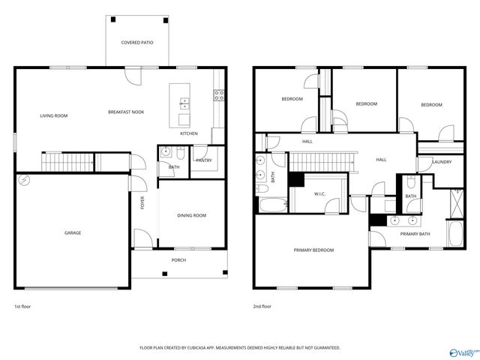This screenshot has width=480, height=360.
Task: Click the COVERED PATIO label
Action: coord(137,43)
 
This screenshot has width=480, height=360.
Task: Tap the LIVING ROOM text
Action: coord(54,115)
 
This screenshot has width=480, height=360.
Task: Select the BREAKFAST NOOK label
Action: coord(126,112)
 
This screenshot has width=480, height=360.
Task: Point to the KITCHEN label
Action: coord(189,133)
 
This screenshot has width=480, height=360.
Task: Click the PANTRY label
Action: coord(202,160)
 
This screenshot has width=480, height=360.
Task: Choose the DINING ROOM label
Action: coord(191,216)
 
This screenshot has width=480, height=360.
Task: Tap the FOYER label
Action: coord(142,202)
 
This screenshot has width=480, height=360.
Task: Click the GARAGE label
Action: coord(73,232)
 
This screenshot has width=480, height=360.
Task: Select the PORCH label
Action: coord(178,260)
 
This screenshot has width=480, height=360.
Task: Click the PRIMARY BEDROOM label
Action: coord(313,250)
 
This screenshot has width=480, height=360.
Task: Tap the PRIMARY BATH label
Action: coord(415,235)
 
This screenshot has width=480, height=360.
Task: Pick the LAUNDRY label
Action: coord(442,162)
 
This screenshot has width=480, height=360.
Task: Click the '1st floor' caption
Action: coord(23,307)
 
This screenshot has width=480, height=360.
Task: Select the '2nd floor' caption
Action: coord(262,307)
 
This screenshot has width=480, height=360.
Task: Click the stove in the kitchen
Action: coord(220,95)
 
